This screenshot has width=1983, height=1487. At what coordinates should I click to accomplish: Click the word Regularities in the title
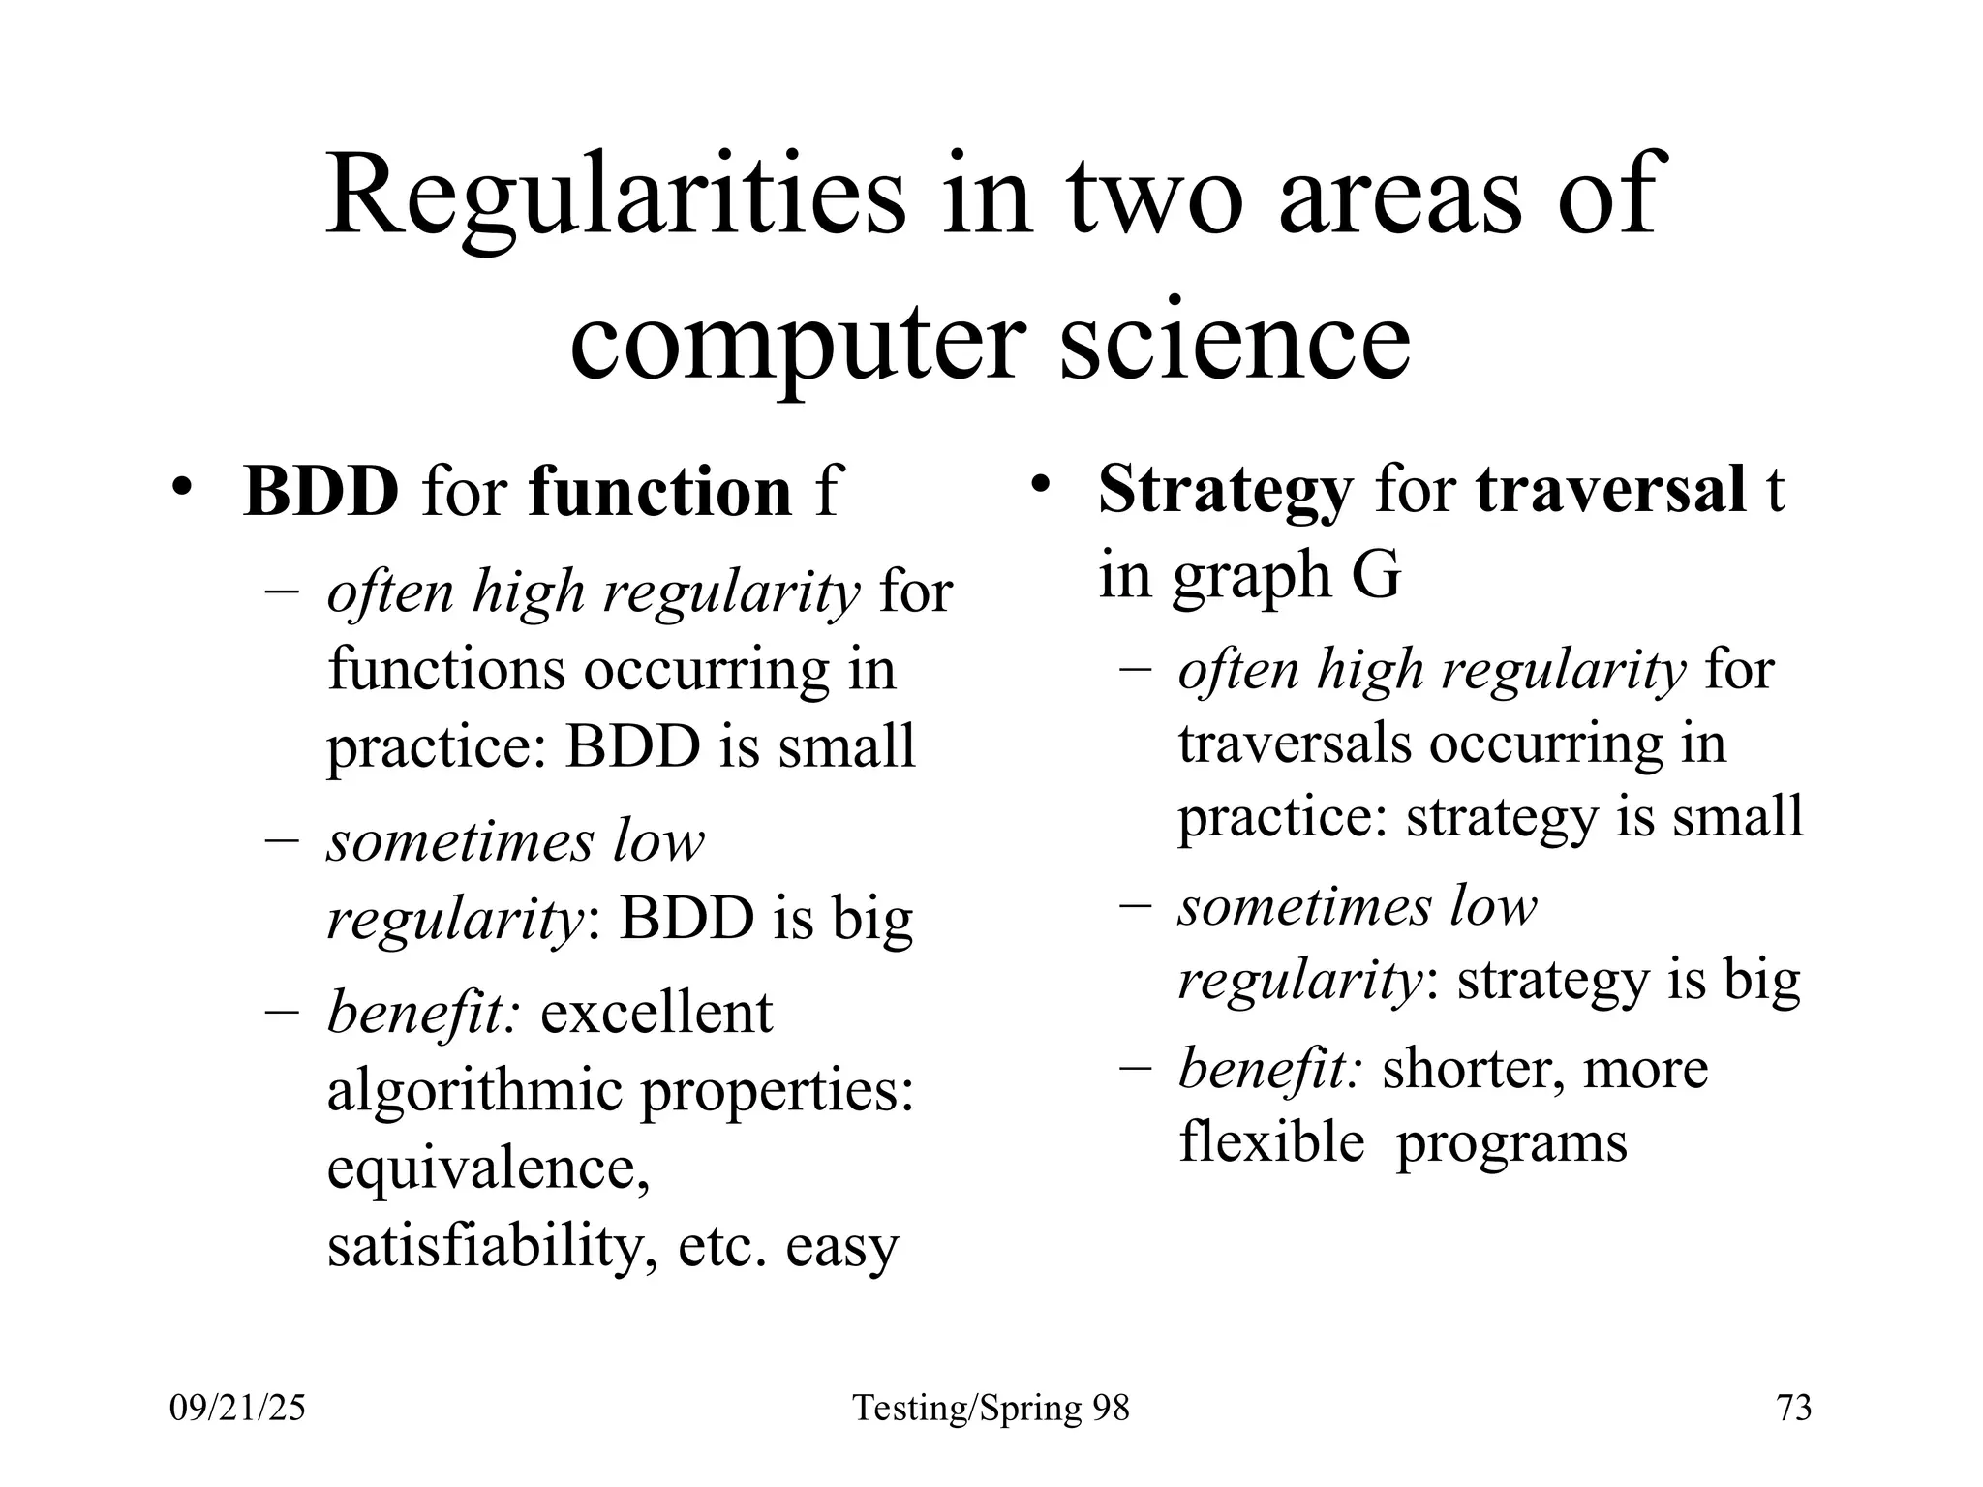(x=616, y=198)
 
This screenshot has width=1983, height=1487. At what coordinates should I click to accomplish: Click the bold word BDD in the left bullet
(x=320, y=492)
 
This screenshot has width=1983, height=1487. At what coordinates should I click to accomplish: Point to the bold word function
(x=660, y=492)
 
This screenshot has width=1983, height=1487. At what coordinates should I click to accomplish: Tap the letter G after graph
(x=1376, y=575)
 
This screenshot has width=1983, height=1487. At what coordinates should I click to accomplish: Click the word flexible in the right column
(x=1271, y=1141)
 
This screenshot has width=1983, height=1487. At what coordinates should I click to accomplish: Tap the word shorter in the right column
(x=1466, y=1069)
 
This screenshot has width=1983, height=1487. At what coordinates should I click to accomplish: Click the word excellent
(x=656, y=1014)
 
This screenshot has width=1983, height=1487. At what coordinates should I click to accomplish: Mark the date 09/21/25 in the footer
(x=237, y=1408)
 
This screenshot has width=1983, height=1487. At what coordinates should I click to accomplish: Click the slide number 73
(x=1794, y=1408)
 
